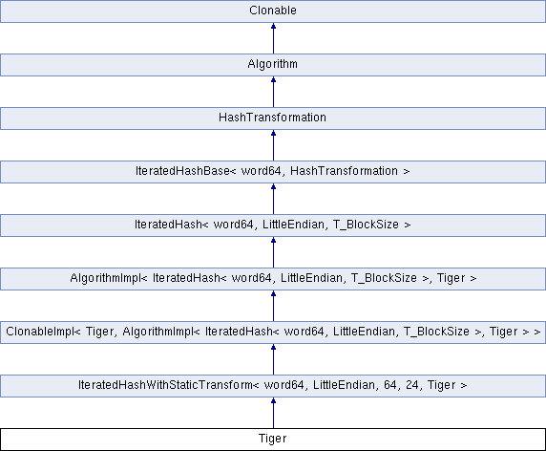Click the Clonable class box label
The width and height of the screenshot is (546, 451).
[273, 11]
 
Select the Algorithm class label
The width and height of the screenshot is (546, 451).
[273, 64]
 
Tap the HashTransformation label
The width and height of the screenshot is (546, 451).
[273, 118]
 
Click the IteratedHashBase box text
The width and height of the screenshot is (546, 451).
[273, 171]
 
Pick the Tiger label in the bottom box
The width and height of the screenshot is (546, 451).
[273, 439]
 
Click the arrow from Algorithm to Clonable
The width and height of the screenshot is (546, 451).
[273, 38]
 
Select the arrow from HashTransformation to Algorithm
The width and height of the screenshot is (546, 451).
[273, 92]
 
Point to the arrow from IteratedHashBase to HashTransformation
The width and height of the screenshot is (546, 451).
[273, 145]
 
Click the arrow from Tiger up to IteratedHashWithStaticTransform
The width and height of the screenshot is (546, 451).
[273, 413]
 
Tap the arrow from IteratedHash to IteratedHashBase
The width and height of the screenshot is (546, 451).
[273, 199]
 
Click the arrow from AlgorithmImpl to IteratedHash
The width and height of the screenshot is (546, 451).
[273, 252]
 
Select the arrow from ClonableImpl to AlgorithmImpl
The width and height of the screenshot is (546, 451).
[273, 306]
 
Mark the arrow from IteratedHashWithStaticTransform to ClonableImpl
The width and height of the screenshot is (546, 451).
[273, 359]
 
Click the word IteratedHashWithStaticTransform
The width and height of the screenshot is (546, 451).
[169, 385]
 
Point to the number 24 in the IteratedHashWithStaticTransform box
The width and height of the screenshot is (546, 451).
[412, 385]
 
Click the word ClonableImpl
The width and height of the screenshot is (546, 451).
[43, 332]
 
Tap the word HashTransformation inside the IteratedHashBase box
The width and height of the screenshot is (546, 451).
[344, 171]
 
